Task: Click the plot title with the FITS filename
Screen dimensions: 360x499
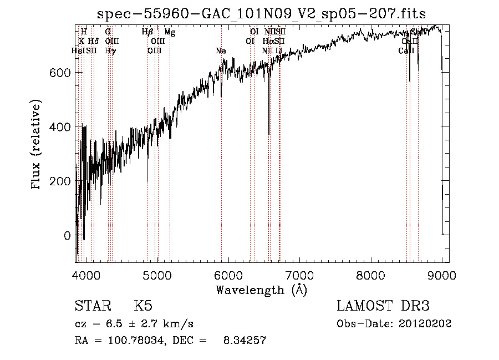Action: [x=261, y=14]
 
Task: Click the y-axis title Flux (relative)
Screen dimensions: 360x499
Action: [x=37, y=146]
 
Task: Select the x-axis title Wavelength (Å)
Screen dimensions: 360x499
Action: [x=261, y=290]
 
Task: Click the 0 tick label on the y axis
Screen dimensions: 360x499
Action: [x=68, y=236]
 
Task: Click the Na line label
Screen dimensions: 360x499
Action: [x=221, y=51]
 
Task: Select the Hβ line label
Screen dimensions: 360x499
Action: [x=147, y=32]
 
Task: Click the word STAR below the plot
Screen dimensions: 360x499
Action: [x=92, y=306]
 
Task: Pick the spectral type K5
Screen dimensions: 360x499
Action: [x=143, y=306]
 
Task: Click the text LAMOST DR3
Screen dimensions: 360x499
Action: [x=383, y=306]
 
